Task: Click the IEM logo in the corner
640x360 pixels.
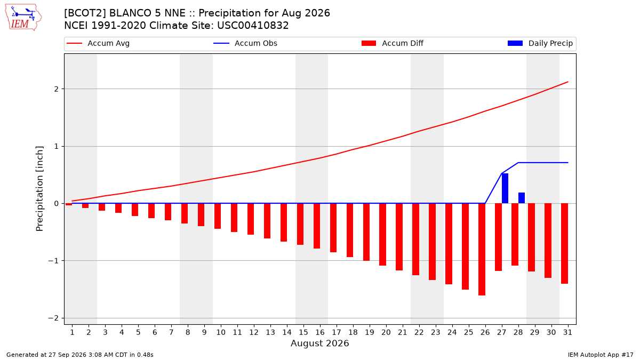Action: tap(23, 18)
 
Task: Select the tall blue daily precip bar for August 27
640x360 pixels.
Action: tap(505, 188)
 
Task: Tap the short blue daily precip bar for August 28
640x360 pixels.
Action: tap(522, 198)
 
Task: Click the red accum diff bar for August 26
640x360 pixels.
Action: tap(482, 249)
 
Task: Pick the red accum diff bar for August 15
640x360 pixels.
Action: tap(300, 224)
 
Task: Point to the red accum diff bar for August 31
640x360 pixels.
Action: tap(564, 243)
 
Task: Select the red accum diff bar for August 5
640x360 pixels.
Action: tap(135, 210)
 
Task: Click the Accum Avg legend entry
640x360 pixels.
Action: tap(98, 43)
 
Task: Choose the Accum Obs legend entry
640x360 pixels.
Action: tap(245, 43)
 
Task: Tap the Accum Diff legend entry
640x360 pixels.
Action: tap(393, 43)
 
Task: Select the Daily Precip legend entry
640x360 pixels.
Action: tap(540, 43)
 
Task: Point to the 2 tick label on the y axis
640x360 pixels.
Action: tap(56, 89)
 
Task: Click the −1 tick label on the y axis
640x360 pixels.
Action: tap(53, 261)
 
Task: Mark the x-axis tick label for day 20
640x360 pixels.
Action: tap(386, 333)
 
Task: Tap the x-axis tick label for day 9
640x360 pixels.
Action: tap(204, 333)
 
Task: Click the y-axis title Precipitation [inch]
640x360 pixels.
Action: tap(39, 189)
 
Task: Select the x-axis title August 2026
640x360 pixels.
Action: tap(319, 343)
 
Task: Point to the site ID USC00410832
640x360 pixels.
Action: tap(253, 26)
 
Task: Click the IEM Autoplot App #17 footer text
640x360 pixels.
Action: tap(601, 355)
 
